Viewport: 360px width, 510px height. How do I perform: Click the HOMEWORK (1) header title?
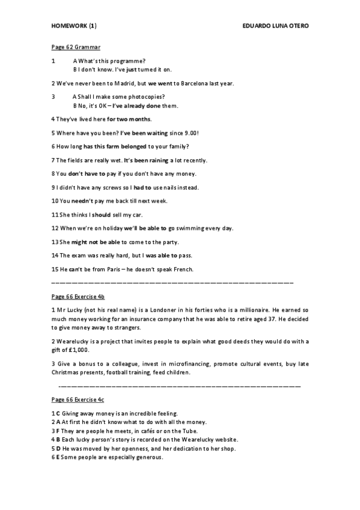pyautogui.click(x=74, y=26)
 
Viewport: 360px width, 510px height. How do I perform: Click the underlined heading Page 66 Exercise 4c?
pyautogui.click(x=78, y=399)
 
